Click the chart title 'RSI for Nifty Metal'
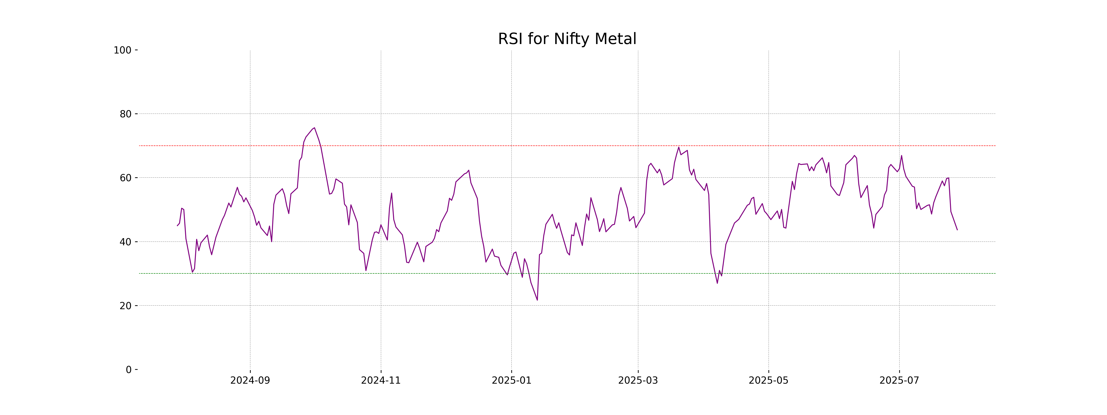pyautogui.click(x=567, y=39)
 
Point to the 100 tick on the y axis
pyautogui.click(x=122, y=50)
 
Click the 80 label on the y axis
pyautogui.click(x=125, y=114)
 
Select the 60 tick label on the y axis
pyautogui.click(x=125, y=178)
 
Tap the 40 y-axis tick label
pyautogui.click(x=125, y=242)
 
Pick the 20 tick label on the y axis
pyautogui.click(x=125, y=306)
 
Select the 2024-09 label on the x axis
pyautogui.click(x=250, y=381)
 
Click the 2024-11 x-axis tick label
pyautogui.click(x=381, y=381)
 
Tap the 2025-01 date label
pyautogui.click(x=511, y=381)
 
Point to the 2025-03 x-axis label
pyautogui.click(x=638, y=381)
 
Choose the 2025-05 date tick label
pyautogui.click(x=768, y=381)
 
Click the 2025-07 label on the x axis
pyautogui.click(x=899, y=381)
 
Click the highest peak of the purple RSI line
pyautogui.click(x=314, y=127)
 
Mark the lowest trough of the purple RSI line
pyautogui.click(x=537, y=300)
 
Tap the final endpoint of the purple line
pyautogui.click(x=957, y=230)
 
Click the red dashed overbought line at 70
pyautogui.click(x=430, y=146)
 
